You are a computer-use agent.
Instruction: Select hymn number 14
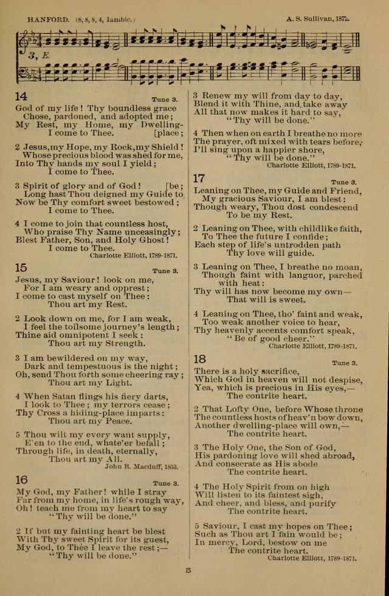coord(21,96)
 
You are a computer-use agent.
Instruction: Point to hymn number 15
coord(21,267)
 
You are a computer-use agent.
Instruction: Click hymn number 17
coord(199,178)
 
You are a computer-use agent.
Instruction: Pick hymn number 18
coord(200,358)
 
